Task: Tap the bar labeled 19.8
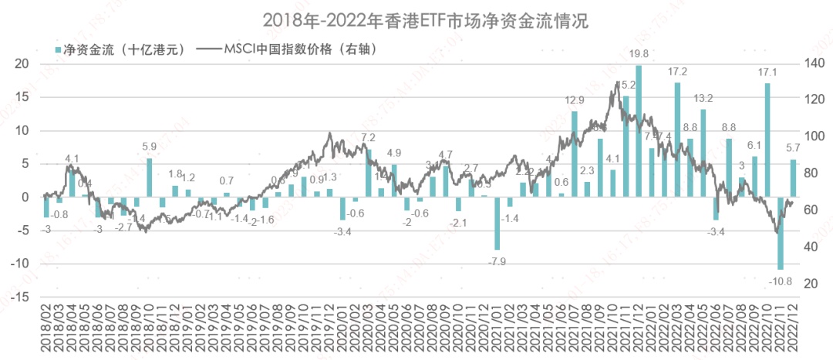[639, 131]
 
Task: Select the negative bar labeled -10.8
[780, 233]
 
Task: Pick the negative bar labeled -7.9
[497, 223]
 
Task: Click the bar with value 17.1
[767, 140]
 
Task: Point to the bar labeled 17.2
[677, 140]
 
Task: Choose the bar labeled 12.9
[575, 154]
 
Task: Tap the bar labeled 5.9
[150, 177]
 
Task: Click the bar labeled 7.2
[368, 173]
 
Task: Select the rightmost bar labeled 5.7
[793, 178]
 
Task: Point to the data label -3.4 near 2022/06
[717, 231]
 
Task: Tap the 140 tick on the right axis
[815, 64]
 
